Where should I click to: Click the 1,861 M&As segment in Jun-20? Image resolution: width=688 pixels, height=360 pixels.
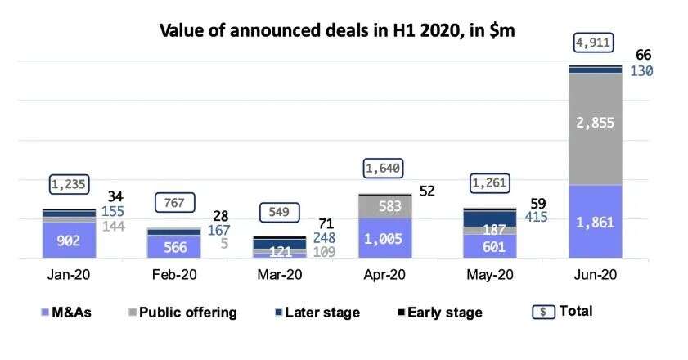coord(595,223)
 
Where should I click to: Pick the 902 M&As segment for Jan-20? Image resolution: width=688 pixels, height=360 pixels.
coord(68,240)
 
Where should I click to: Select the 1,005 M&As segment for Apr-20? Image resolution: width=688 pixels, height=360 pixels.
coord(384,238)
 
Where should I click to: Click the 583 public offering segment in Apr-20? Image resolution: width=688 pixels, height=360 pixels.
coord(384,206)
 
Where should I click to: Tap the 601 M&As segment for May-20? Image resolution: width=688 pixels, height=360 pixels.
coord(489,246)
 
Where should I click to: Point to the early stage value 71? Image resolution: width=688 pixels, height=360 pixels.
coord(325,223)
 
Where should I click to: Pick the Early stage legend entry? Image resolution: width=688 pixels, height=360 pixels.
coord(438,312)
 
